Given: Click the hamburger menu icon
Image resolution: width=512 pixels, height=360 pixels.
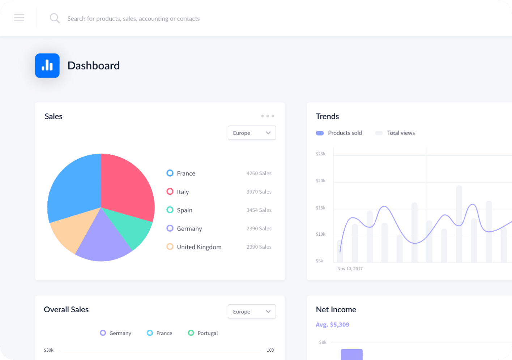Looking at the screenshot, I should click(19, 18).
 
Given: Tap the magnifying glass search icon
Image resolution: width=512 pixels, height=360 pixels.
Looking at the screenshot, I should click(55, 18).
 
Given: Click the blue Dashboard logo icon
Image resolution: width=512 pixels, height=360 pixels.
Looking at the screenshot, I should click(47, 65).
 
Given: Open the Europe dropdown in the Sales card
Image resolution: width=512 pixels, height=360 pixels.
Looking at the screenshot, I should click(252, 133).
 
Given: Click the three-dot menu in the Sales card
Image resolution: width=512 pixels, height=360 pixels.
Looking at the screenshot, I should click(268, 116).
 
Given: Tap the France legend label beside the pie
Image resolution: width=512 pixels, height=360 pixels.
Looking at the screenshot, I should click(186, 173).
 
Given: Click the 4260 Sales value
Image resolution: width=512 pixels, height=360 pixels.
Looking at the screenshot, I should click(259, 173).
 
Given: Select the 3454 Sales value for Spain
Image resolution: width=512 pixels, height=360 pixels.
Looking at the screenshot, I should click(259, 210).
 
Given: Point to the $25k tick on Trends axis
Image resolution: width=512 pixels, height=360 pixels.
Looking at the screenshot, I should click(320, 154).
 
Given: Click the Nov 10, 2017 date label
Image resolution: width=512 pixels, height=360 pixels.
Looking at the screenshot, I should click(350, 269).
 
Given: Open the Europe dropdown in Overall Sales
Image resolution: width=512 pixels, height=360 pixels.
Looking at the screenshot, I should click(252, 312).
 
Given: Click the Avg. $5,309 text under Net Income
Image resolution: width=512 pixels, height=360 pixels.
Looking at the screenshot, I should click(332, 325).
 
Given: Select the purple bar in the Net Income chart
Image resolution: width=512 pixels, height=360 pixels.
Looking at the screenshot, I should click(351, 355).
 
